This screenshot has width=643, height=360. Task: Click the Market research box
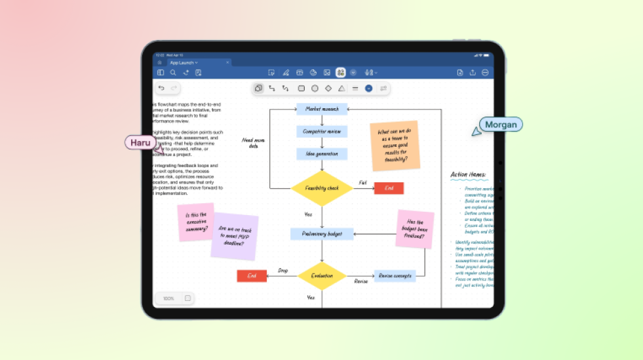point(322,109)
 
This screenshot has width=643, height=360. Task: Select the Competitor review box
point(322,131)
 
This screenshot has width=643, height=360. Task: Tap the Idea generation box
point(322,154)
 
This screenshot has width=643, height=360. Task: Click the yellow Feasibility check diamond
point(322,188)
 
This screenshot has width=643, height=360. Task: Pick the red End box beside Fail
point(389,188)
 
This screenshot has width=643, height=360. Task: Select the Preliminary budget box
point(322,233)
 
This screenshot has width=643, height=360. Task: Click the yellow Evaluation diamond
point(322,276)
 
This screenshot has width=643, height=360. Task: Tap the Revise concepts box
point(395,276)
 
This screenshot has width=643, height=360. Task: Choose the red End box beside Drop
point(252,276)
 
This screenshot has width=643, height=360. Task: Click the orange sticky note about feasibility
point(394,145)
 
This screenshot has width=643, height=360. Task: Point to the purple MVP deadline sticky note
point(234,235)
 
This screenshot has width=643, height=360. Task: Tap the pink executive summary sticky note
point(196,222)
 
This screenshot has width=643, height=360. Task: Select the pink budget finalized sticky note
point(415,229)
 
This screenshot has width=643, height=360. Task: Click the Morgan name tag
point(501,125)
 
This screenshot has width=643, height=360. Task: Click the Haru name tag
point(140,142)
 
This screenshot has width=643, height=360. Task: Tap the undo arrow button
point(161,88)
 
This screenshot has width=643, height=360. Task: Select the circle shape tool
point(315,88)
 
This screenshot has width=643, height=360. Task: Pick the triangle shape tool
point(341,88)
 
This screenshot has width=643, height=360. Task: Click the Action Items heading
point(468,174)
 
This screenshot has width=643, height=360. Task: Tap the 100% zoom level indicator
point(168,298)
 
